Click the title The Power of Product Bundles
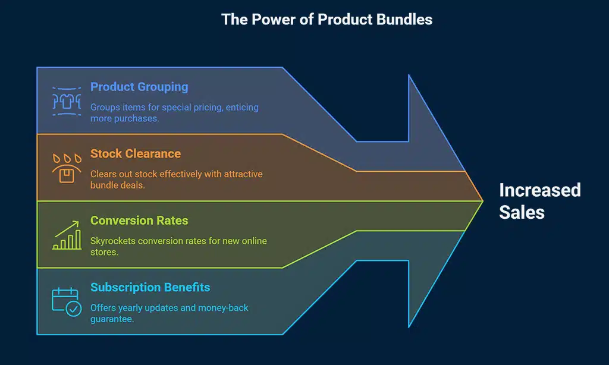327,19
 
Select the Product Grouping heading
139,87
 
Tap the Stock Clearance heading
135,153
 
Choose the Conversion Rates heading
139,221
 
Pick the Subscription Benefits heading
150,288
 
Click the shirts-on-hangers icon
67,101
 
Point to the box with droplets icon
67,169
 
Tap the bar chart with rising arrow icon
67,235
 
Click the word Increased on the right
539,190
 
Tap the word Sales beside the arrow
522,212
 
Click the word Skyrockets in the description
112,241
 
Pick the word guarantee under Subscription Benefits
111,319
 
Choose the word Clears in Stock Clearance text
103,174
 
